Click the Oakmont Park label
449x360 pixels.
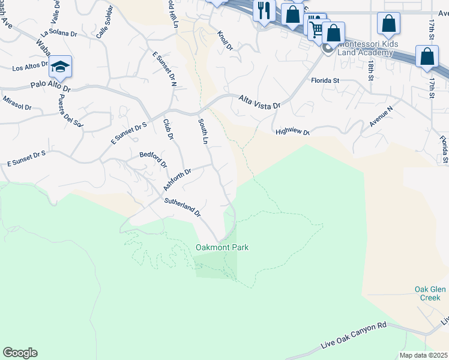[x=222, y=247]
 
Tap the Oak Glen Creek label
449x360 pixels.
[x=430, y=293]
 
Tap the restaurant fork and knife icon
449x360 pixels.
[x=264, y=10]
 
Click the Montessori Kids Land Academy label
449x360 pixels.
[x=366, y=49]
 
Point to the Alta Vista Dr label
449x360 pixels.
[x=259, y=101]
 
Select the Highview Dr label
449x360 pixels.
[x=292, y=133]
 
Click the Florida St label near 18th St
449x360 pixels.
[x=325, y=80]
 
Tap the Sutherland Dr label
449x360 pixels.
[x=182, y=207]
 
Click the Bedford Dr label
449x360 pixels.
[x=154, y=159]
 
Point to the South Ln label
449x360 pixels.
[x=202, y=132]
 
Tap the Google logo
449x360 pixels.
[x=20, y=353]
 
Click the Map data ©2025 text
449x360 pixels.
[x=424, y=355]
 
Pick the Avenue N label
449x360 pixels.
[x=381, y=116]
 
